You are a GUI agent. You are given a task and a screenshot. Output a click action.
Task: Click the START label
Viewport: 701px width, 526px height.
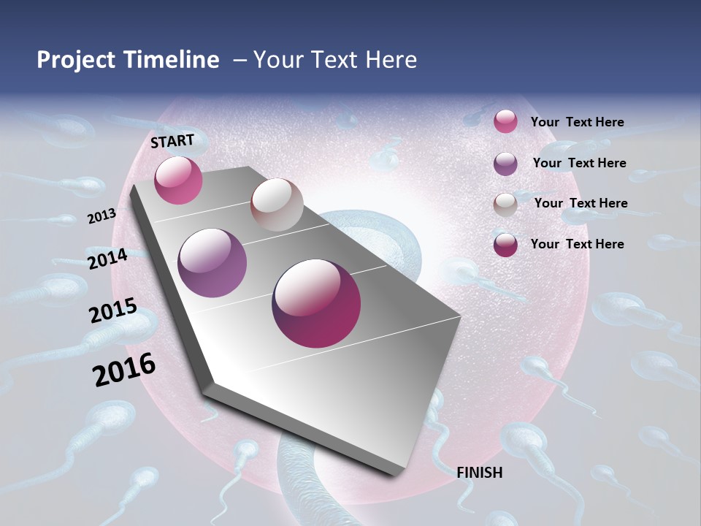point(172,140)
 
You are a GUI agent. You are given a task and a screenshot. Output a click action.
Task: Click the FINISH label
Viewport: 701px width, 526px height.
point(479,473)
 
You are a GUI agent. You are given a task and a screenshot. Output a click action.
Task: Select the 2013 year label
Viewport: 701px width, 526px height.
point(102,216)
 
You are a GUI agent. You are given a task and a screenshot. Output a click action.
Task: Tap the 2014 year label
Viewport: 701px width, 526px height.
point(107,259)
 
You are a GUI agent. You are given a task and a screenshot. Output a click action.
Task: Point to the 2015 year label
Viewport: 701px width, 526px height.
point(113,310)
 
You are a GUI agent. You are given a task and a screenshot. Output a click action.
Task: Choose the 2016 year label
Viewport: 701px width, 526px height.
point(124,369)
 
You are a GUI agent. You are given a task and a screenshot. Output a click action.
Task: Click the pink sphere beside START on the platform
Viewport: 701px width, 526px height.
point(178,180)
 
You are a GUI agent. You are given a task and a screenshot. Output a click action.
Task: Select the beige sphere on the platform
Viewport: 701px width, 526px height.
point(277,205)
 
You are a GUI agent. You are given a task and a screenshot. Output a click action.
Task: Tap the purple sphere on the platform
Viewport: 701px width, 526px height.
point(212,263)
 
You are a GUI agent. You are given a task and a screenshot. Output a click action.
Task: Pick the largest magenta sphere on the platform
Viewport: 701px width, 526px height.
point(316,303)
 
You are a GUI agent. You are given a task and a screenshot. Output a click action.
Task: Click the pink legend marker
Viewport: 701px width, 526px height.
point(505,121)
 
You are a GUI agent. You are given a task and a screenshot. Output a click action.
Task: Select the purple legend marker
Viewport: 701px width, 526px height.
point(505,164)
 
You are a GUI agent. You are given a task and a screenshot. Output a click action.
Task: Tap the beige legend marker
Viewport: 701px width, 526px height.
point(505,205)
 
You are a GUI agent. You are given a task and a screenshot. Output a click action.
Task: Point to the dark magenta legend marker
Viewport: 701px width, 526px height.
point(505,245)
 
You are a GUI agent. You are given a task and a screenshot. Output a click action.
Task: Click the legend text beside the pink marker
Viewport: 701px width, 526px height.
point(577,122)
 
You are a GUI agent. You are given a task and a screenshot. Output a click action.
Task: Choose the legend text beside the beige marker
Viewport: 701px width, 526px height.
point(581,203)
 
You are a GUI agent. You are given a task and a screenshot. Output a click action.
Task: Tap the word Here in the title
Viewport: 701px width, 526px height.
point(391,60)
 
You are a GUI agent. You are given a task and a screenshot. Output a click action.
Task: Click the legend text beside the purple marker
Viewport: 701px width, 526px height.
point(579,163)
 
